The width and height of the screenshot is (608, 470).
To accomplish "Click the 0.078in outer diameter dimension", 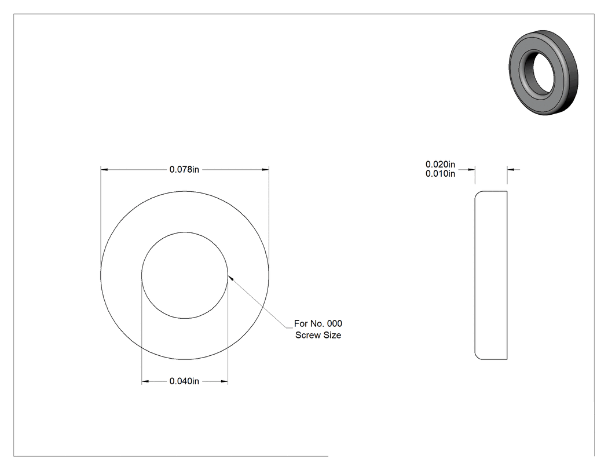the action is [184, 170].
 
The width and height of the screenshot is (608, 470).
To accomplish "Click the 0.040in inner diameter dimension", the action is [184, 381].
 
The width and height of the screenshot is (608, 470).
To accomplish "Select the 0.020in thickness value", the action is [440, 165].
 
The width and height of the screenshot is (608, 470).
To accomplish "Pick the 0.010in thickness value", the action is [440, 174].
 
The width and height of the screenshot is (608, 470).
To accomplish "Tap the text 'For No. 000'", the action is [318, 324].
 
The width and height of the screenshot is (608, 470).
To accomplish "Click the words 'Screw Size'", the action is [318, 336].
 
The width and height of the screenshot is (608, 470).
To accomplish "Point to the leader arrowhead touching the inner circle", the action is [230, 278].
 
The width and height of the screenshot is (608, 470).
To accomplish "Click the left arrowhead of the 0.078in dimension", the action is [104, 170].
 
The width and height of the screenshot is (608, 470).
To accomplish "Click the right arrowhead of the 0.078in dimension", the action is [265, 170].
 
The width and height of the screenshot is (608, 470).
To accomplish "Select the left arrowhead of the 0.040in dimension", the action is [145, 381].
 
